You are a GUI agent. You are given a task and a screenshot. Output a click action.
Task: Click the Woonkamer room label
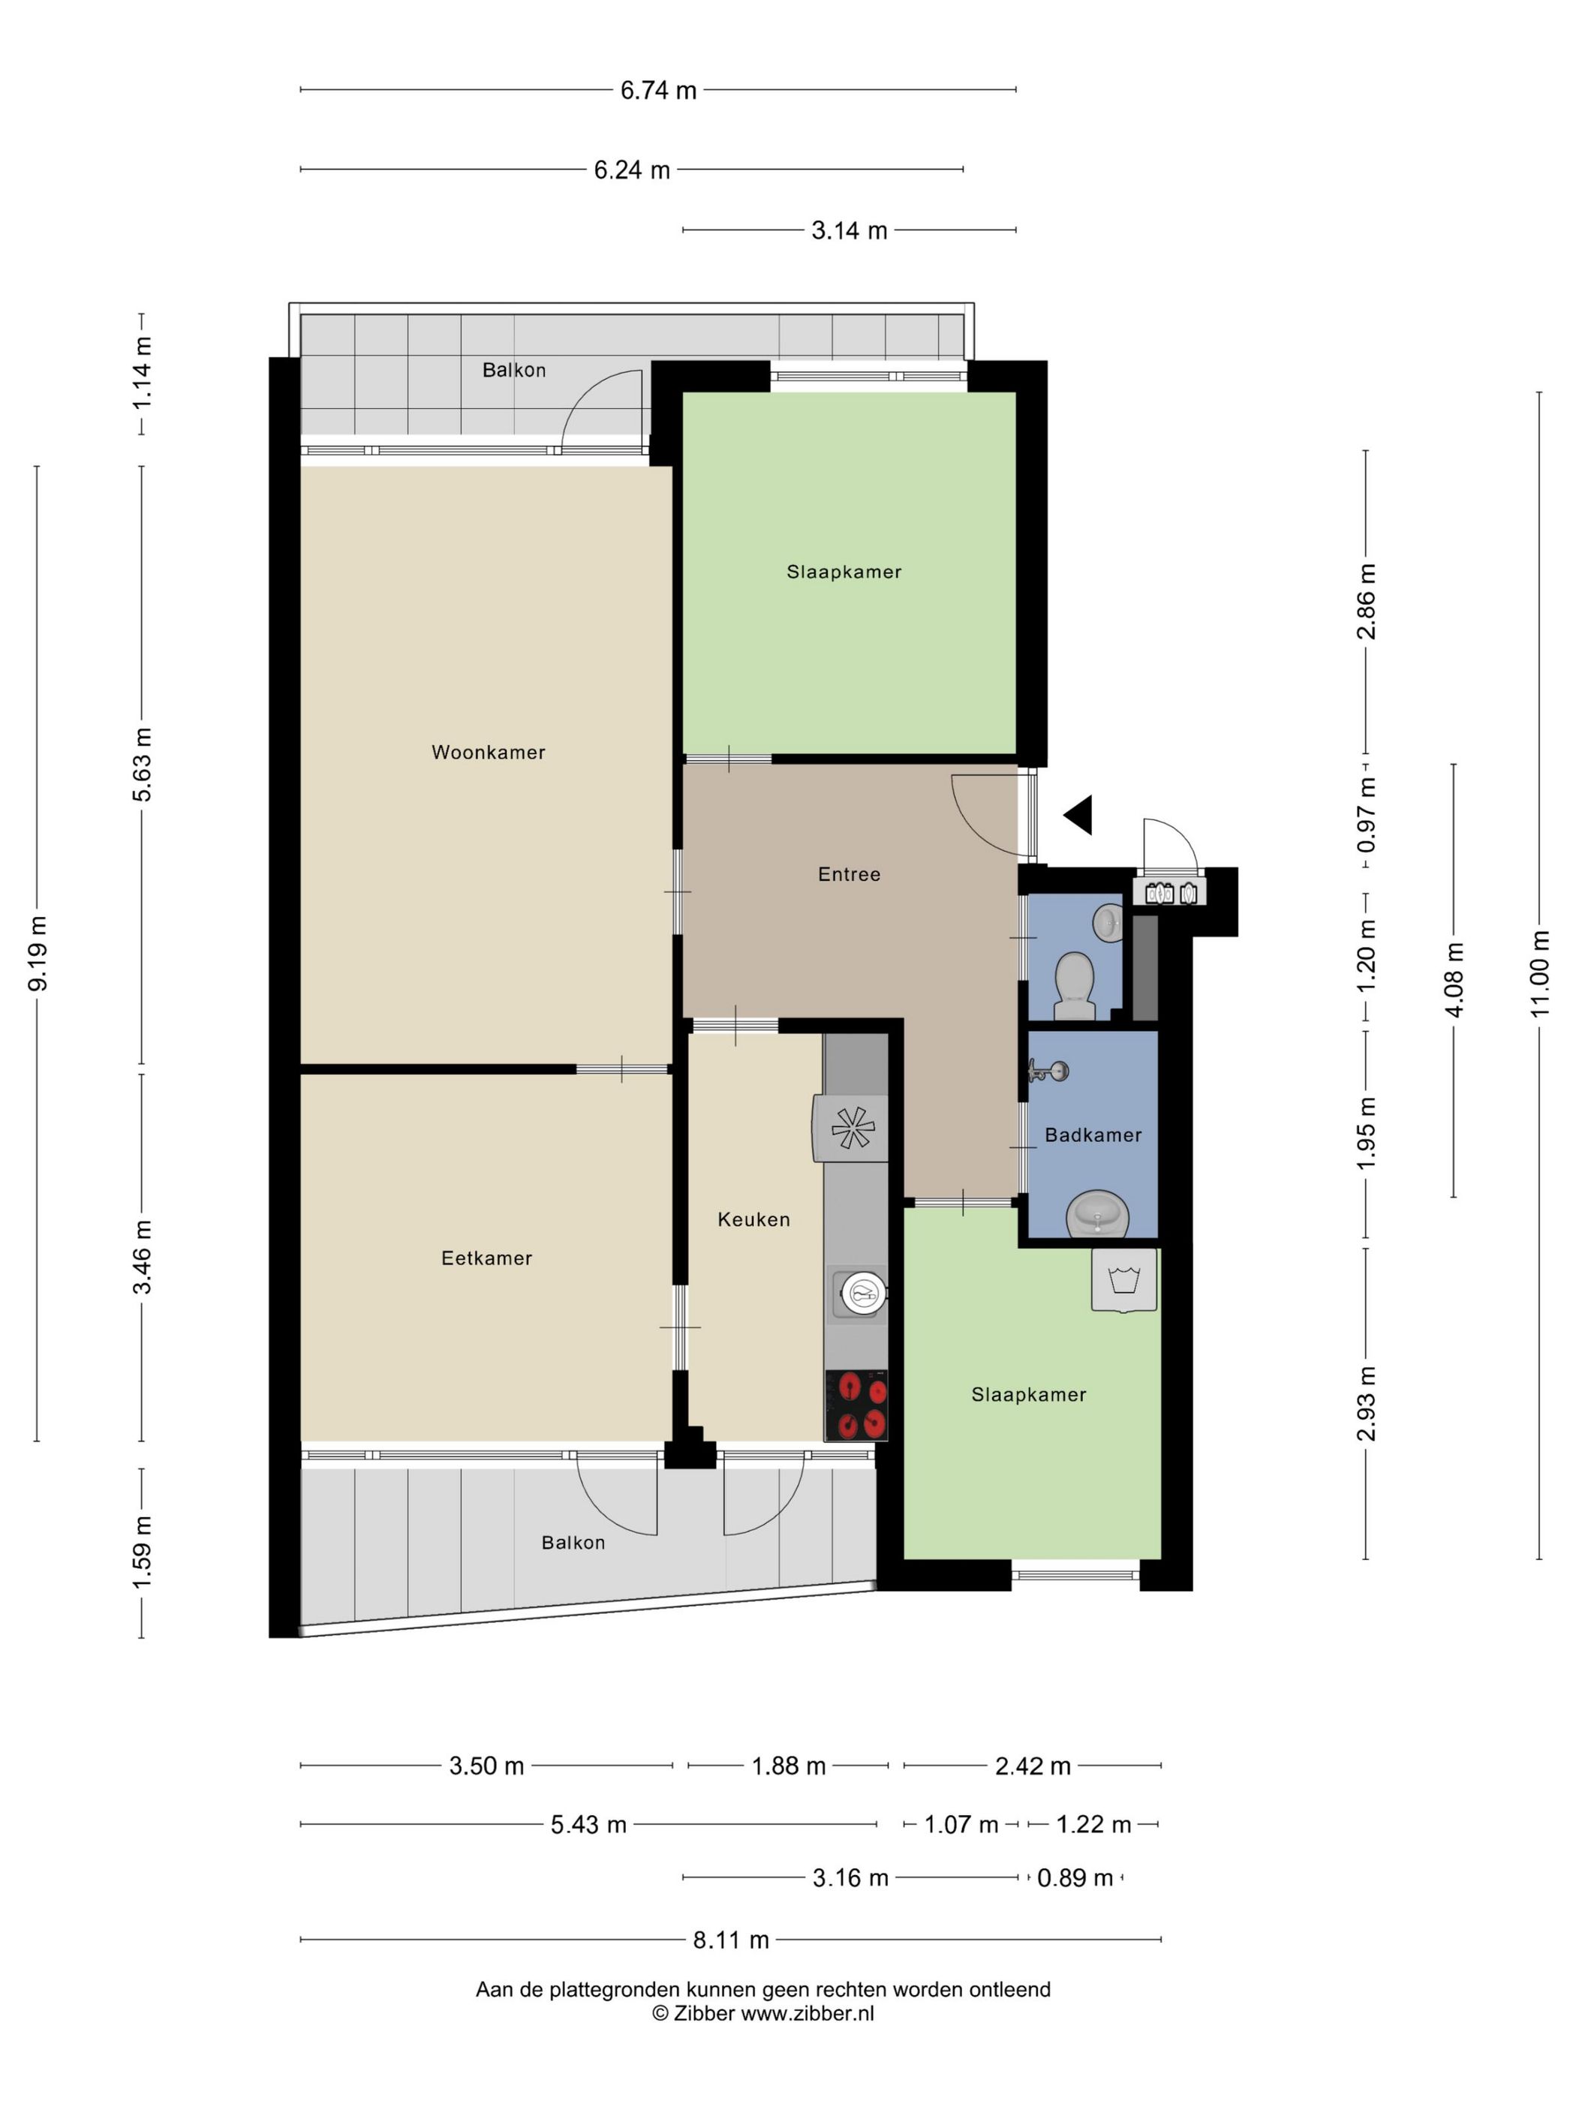coord(489,753)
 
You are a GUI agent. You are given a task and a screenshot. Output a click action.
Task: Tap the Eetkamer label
coord(486,1258)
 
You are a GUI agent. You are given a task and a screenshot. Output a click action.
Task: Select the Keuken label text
coord(753,1219)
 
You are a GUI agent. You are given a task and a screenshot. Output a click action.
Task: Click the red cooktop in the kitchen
coord(856,1405)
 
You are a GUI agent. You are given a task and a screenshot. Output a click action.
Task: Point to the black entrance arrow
coord(1079,815)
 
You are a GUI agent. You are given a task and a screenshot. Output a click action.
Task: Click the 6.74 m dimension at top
coord(658,90)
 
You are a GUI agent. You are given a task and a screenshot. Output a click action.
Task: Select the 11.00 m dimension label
coord(1539,973)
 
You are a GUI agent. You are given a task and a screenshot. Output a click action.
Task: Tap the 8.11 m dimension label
coord(730,1940)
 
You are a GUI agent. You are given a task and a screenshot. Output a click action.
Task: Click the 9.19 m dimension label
coord(38,954)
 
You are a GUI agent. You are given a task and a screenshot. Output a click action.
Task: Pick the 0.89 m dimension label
coord(1075,1878)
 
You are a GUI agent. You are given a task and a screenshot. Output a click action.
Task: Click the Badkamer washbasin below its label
coord(1098,1215)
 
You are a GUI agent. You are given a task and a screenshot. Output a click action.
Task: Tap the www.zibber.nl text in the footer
coord(808,2012)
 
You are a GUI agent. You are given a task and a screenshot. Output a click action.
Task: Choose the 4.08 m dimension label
coord(1454,980)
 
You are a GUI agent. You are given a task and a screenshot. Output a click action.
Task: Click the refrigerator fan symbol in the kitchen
coord(852,1129)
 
